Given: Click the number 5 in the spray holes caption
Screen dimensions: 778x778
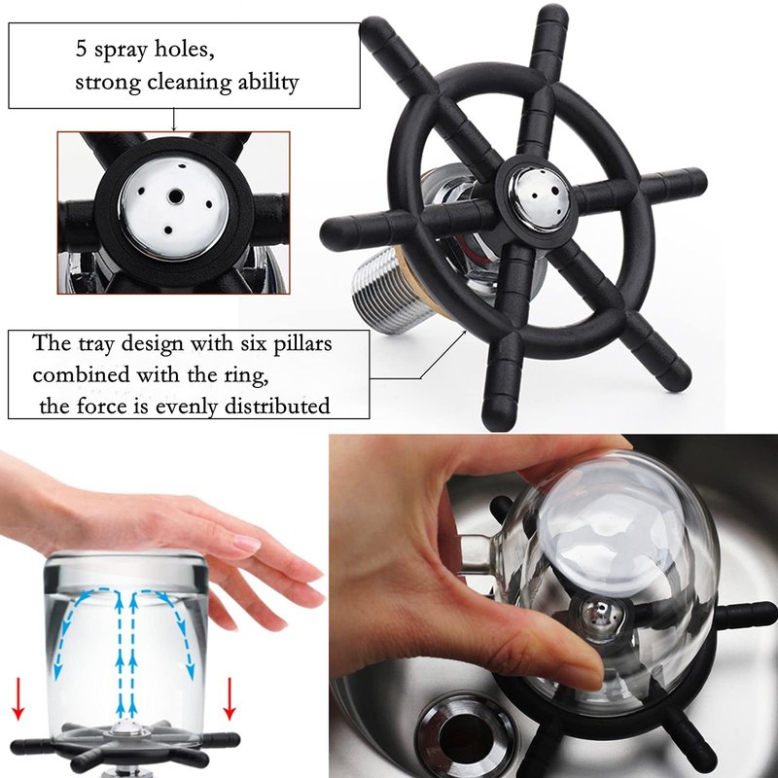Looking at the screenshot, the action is (x=81, y=50).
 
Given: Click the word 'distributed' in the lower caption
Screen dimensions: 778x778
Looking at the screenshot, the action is (x=277, y=406).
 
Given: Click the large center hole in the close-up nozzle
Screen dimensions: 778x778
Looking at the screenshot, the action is (x=176, y=196).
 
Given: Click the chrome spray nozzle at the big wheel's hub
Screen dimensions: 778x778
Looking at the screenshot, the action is (x=538, y=197).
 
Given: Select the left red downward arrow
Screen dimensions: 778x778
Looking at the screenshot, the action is (x=18, y=699).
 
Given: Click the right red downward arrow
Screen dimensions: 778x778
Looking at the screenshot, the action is (x=229, y=699).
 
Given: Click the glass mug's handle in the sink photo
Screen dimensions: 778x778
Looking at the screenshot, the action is (x=477, y=554).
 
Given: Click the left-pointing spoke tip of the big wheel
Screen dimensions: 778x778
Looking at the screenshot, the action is (x=331, y=234).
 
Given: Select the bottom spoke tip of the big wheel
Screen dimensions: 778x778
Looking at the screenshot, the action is (x=498, y=416).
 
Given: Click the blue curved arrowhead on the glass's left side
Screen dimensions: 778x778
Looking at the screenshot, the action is (x=57, y=672).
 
